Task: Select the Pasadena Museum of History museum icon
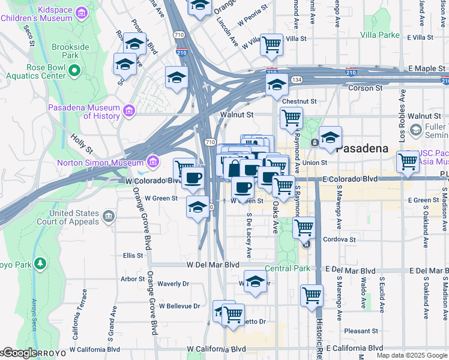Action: click(x=128, y=111)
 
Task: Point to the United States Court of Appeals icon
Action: click(x=109, y=217)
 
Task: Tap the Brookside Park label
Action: click(x=70, y=51)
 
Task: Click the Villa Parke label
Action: click(x=379, y=35)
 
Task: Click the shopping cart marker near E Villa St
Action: click(x=272, y=44)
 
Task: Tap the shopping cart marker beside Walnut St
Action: click(x=291, y=118)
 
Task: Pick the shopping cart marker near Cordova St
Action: click(x=304, y=227)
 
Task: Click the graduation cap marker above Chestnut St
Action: click(x=277, y=85)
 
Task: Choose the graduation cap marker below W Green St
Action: click(x=197, y=207)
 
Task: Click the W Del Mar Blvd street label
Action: click(x=212, y=264)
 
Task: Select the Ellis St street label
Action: click(x=133, y=255)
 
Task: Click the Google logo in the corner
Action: click(x=19, y=353)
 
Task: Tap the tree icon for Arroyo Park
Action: click(x=40, y=263)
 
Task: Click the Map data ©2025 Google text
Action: click(x=411, y=355)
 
